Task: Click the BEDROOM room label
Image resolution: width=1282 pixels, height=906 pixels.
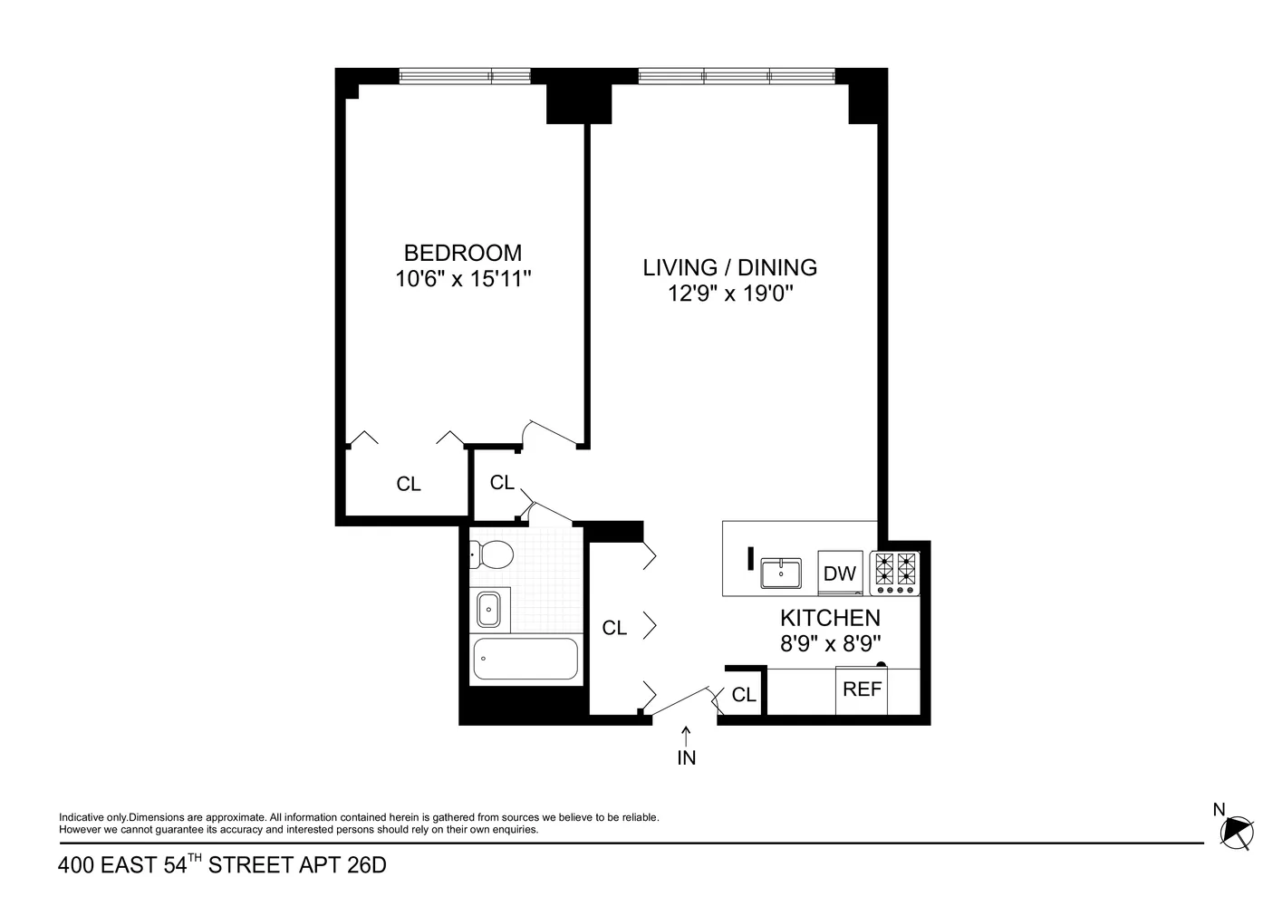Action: (462, 253)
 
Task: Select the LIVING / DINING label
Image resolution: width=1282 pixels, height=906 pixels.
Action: (729, 267)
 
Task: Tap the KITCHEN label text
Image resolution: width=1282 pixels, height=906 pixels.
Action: (830, 618)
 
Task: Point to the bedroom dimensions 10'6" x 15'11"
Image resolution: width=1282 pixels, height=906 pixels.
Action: (462, 279)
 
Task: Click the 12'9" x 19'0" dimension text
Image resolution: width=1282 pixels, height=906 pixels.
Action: (729, 294)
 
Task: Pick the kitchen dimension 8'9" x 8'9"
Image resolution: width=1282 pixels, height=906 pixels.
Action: (830, 643)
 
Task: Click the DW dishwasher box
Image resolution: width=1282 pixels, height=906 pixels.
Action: (840, 573)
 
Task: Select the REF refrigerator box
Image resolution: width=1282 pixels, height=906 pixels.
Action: (862, 689)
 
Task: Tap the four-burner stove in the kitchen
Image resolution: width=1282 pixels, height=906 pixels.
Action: (894, 573)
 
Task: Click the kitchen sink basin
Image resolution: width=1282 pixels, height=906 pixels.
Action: (780, 573)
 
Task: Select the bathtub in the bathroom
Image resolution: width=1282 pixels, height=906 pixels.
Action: (525, 659)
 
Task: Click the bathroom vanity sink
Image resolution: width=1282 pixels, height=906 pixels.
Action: (488, 609)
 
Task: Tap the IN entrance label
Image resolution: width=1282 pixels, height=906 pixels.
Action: (686, 758)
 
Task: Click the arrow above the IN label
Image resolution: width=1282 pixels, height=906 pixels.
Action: (686, 734)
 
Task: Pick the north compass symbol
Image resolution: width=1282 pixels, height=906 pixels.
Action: (1236, 831)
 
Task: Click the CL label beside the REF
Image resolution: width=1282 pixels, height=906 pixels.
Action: (744, 695)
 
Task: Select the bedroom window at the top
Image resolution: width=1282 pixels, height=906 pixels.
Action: (465, 76)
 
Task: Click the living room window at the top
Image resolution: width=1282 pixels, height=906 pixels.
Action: (737, 76)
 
